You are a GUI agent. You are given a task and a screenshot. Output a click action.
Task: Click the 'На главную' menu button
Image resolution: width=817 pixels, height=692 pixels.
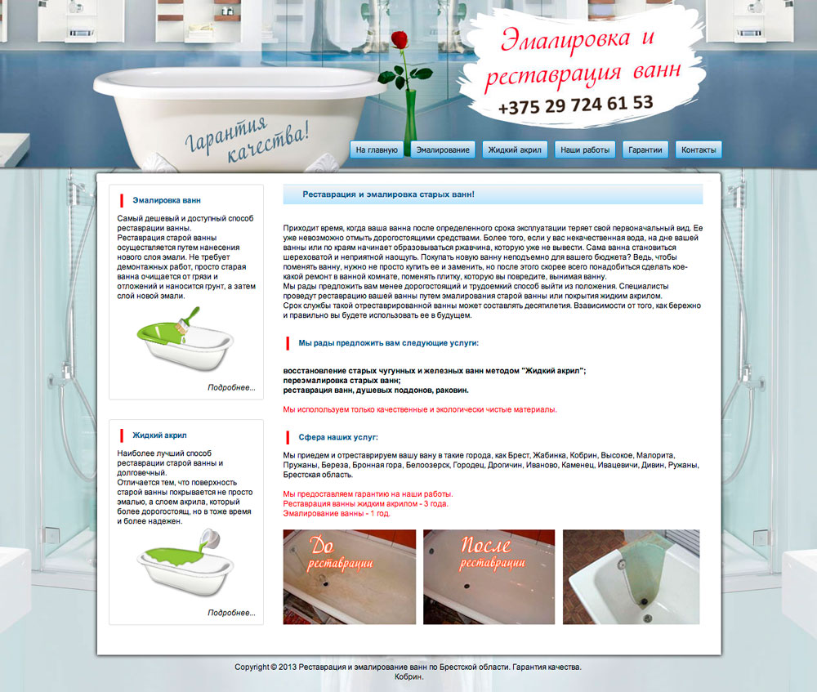377,150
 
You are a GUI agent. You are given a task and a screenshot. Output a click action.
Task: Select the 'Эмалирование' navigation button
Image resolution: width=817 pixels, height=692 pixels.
443,150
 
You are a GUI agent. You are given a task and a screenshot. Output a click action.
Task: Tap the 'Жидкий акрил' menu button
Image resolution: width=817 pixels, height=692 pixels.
515,150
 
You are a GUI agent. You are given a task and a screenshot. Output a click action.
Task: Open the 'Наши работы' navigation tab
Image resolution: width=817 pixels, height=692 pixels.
585,150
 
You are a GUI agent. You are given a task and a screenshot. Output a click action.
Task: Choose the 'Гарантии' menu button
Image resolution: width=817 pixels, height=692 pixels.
645,150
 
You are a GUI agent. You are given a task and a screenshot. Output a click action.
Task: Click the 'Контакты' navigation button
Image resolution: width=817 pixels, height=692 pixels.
699,150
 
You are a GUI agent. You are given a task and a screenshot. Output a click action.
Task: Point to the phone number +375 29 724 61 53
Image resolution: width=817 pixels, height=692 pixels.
575,105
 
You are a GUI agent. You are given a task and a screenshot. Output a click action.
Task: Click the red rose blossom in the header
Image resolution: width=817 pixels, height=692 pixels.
400,40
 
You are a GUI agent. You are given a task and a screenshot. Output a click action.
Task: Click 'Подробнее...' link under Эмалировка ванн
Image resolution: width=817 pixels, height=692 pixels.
231,388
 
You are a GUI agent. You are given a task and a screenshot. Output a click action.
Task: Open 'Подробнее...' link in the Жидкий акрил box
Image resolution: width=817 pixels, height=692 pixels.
231,613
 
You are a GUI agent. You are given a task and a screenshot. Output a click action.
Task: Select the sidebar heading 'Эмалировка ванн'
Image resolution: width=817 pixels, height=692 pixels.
167,200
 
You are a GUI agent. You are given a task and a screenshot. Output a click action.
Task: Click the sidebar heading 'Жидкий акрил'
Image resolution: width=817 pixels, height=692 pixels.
159,435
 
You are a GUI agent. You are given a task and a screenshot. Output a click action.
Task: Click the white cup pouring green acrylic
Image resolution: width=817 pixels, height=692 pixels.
211,538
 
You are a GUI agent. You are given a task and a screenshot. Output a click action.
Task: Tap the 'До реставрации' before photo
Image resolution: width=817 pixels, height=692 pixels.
350,577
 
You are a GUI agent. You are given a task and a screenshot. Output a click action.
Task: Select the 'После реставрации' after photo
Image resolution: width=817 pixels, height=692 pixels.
489,577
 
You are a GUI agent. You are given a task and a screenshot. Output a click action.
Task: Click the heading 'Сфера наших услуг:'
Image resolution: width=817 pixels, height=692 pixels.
338,437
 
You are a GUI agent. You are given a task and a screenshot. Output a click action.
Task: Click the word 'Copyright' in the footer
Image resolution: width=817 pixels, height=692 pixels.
252,667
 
